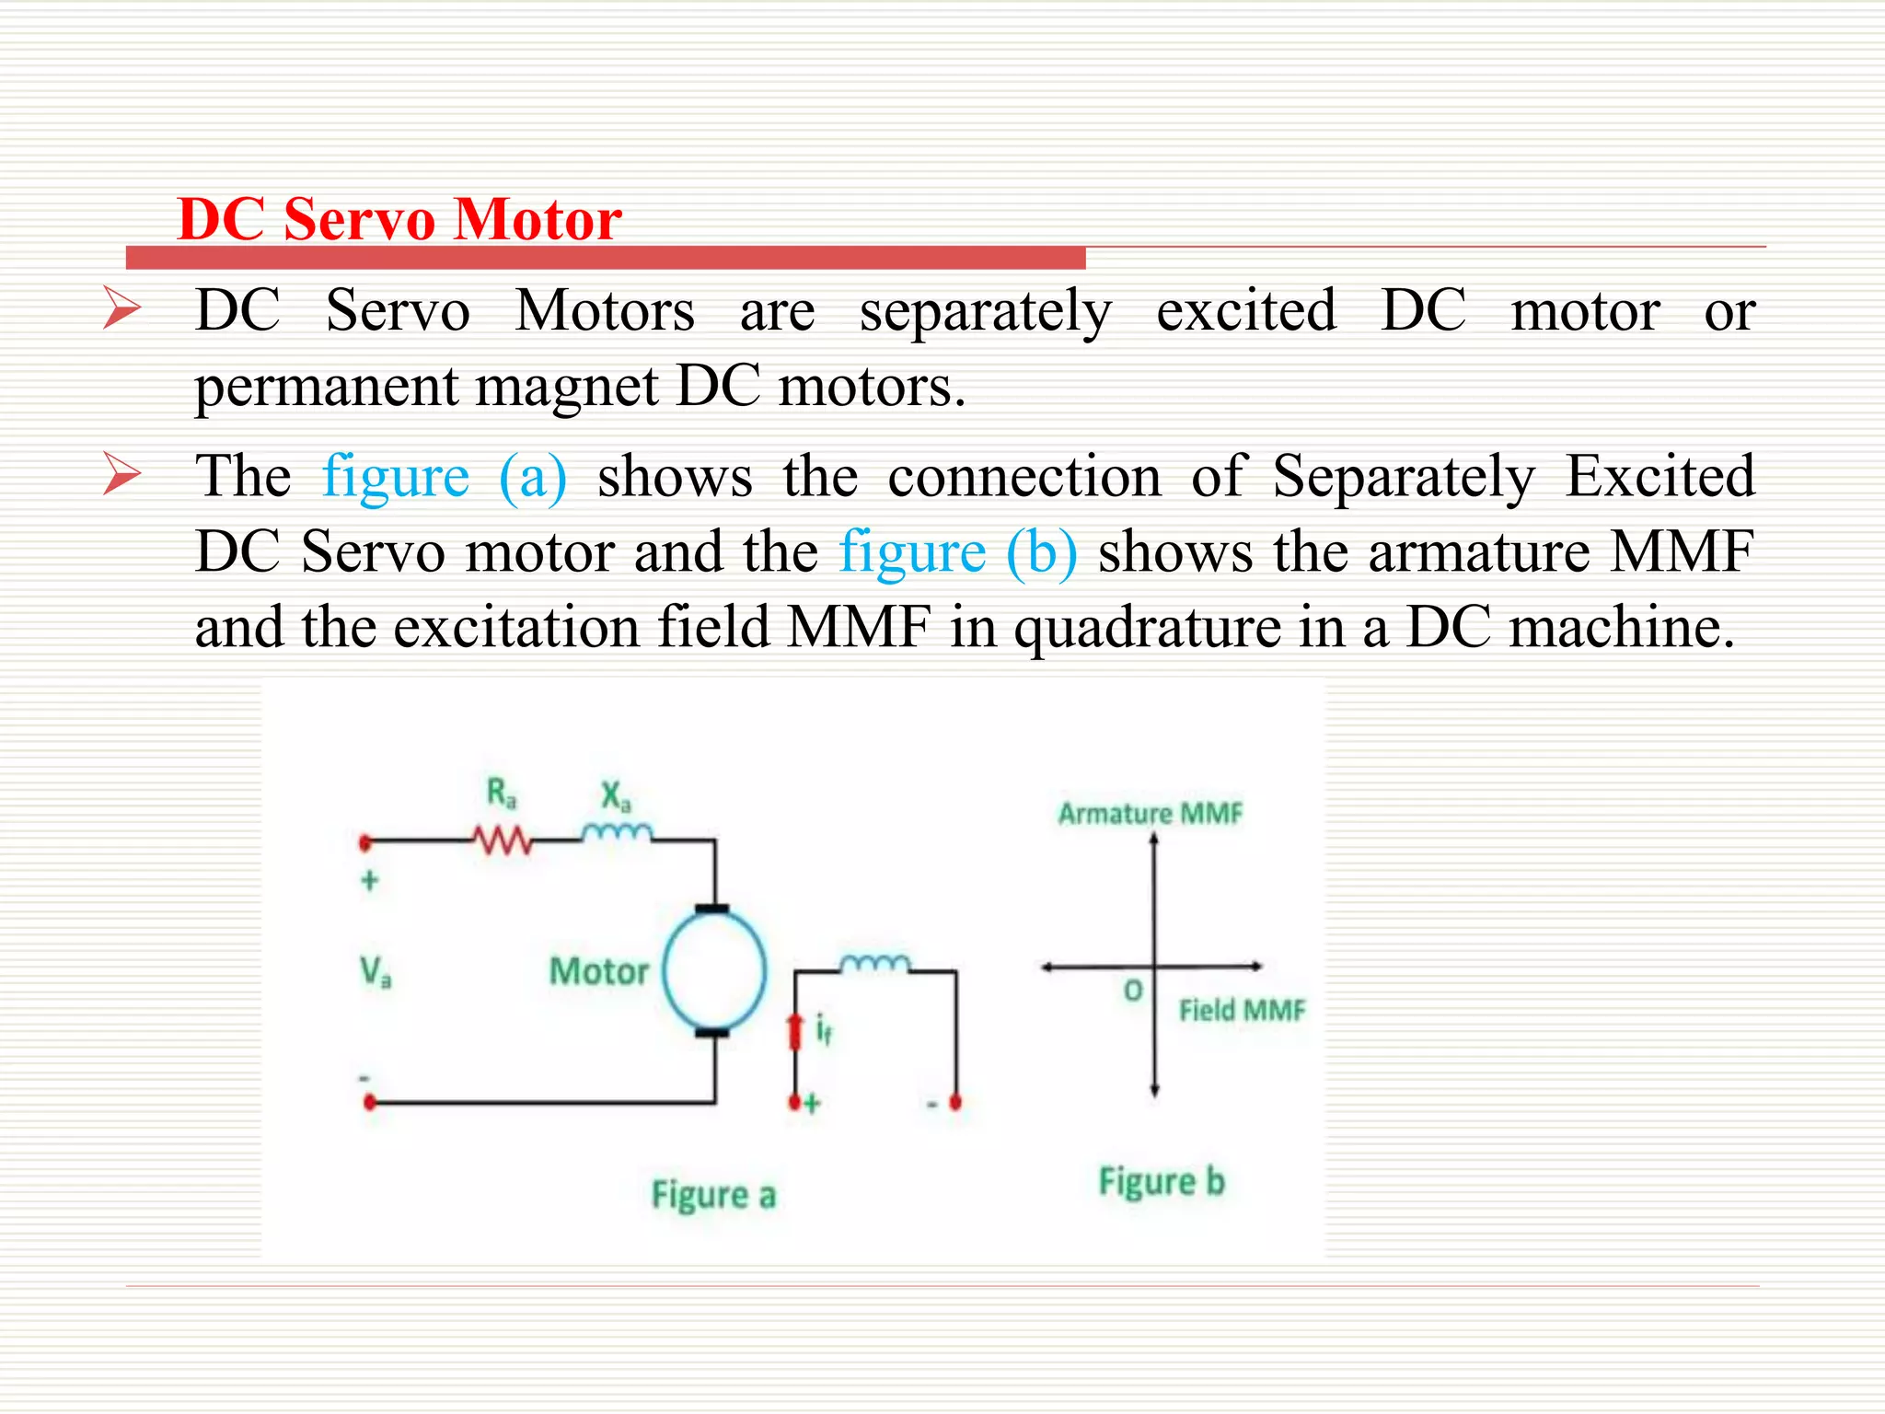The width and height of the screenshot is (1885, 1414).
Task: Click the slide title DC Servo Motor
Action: pyautogui.click(x=399, y=220)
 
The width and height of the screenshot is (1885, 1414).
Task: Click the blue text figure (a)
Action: pyautogui.click(x=444, y=477)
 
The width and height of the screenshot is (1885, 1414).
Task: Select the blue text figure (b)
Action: pyautogui.click(x=958, y=552)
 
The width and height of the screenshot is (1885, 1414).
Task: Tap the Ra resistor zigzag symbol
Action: pyautogui.click(x=502, y=840)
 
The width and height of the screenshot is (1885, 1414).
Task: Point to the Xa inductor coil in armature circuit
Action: pyautogui.click(x=617, y=833)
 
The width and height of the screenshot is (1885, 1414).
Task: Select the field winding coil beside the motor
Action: pyautogui.click(x=874, y=964)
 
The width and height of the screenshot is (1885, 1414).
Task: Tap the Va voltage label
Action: pyautogui.click(x=376, y=970)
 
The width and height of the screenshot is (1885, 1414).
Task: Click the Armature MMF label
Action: pyautogui.click(x=1150, y=814)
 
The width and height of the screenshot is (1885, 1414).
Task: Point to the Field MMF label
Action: pyautogui.click(x=1242, y=1011)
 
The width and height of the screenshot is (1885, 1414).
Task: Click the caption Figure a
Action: pyautogui.click(x=713, y=1195)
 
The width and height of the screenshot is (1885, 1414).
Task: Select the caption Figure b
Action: pyautogui.click(x=1162, y=1182)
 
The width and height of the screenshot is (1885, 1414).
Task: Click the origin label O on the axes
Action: pyautogui.click(x=1133, y=991)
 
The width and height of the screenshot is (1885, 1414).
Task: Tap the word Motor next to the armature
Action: pyautogui.click(x=599, y=971)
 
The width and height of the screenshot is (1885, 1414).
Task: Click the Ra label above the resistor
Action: pyautogui.click(x=502, y=793)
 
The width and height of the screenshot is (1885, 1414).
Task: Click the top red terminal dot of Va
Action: pyautogui.click(x=365, y=841)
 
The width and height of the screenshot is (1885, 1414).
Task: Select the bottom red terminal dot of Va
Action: pyautogui.click(x=370, y=1102)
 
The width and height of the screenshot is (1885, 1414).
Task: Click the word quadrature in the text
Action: pyautogui.click(x=1148, y=628)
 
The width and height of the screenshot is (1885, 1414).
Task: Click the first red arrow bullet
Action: pyautogui.click(x=121, y=308)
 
